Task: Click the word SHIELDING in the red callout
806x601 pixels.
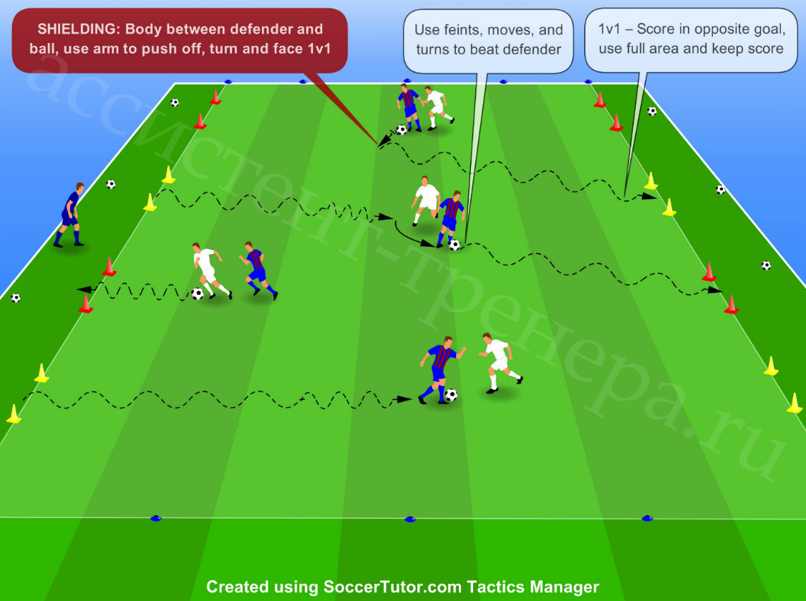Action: [77, 29]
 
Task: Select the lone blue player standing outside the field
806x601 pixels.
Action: [70, 215]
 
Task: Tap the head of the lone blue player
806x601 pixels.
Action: [79, 187]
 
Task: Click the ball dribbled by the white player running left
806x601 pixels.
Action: [198, 294]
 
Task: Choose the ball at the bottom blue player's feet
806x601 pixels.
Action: [451, 394]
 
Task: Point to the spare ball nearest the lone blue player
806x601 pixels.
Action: [110, 184]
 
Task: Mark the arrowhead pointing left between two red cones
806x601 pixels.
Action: [84, 290]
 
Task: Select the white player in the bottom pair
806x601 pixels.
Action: [500, 363]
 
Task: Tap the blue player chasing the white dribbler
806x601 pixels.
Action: [258, 270]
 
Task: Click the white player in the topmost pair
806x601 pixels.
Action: [437, 107]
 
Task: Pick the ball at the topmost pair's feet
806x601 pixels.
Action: [402, 130]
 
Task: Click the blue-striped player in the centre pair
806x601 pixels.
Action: [451, 218]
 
